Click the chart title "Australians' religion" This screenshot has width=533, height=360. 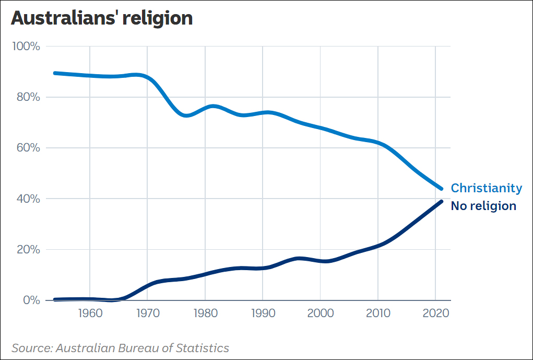pos(102,18)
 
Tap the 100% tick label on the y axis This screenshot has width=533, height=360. pos(26,47)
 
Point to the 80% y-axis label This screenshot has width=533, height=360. pos(27,97)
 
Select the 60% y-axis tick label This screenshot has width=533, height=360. pos(27,148)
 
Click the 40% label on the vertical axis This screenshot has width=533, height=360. pos(27,199)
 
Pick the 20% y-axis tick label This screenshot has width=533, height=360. pos(27,250)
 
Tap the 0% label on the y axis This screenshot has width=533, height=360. pos(30,300)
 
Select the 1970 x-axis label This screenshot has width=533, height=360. pos(147,315)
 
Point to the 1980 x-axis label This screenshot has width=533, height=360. pos(205,315)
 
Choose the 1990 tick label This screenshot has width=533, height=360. pos(263,315)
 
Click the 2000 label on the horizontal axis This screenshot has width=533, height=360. pos(320,315)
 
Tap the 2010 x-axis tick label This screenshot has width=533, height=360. pos(377,315)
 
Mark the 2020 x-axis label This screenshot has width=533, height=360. pos(435,315)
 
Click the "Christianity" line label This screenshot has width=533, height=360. pos(486,188)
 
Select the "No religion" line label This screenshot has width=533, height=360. pos(483,206)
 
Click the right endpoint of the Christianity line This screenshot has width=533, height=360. pos(441,189)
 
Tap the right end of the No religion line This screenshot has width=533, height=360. pos(441,202)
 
